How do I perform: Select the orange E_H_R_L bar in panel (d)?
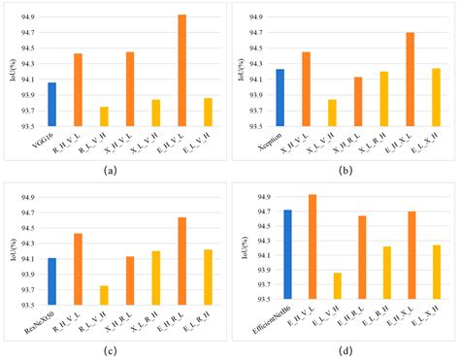coord(362,257)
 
